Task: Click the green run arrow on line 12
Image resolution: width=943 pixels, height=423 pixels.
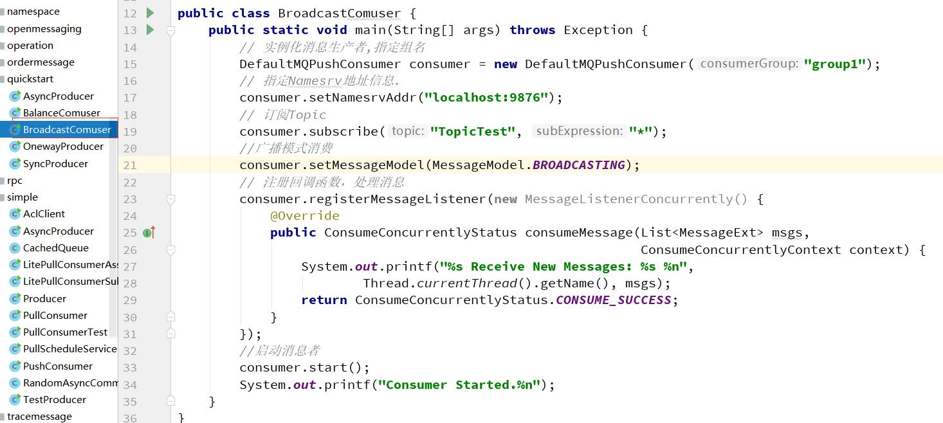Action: coord(151,13)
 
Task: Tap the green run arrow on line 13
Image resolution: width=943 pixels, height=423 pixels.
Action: coord(151,30)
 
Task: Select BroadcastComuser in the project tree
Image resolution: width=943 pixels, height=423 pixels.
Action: coord(67,130)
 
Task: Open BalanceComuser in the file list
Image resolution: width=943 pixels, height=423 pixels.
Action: coord(62,113)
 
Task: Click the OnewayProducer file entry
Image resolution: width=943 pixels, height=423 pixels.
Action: coord(63,147)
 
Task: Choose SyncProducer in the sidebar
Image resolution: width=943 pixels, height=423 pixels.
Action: coord(55,164)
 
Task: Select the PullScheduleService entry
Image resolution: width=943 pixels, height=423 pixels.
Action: coord(70,349)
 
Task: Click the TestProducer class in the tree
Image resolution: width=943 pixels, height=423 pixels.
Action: coord(54,399)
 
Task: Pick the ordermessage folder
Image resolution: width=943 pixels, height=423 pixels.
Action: coord(41,62)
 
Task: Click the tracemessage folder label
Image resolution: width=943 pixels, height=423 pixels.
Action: coord(40,417)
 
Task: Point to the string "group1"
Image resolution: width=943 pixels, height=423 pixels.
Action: coord(835,64)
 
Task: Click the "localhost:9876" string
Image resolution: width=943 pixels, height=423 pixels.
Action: coord(486,98)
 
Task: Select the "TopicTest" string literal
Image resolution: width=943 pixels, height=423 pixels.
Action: coord(473,131)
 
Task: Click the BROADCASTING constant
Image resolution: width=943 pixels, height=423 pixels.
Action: coord(579,165)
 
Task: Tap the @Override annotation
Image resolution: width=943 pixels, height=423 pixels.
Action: coord(305,216)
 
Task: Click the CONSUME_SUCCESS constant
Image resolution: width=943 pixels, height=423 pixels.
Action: coord(614,300)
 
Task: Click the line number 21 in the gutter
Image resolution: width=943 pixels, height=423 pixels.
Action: coord(130,165)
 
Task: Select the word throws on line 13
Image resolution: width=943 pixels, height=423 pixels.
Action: coord(532,30)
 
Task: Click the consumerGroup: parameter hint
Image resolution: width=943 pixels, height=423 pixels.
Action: coord(749,64)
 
